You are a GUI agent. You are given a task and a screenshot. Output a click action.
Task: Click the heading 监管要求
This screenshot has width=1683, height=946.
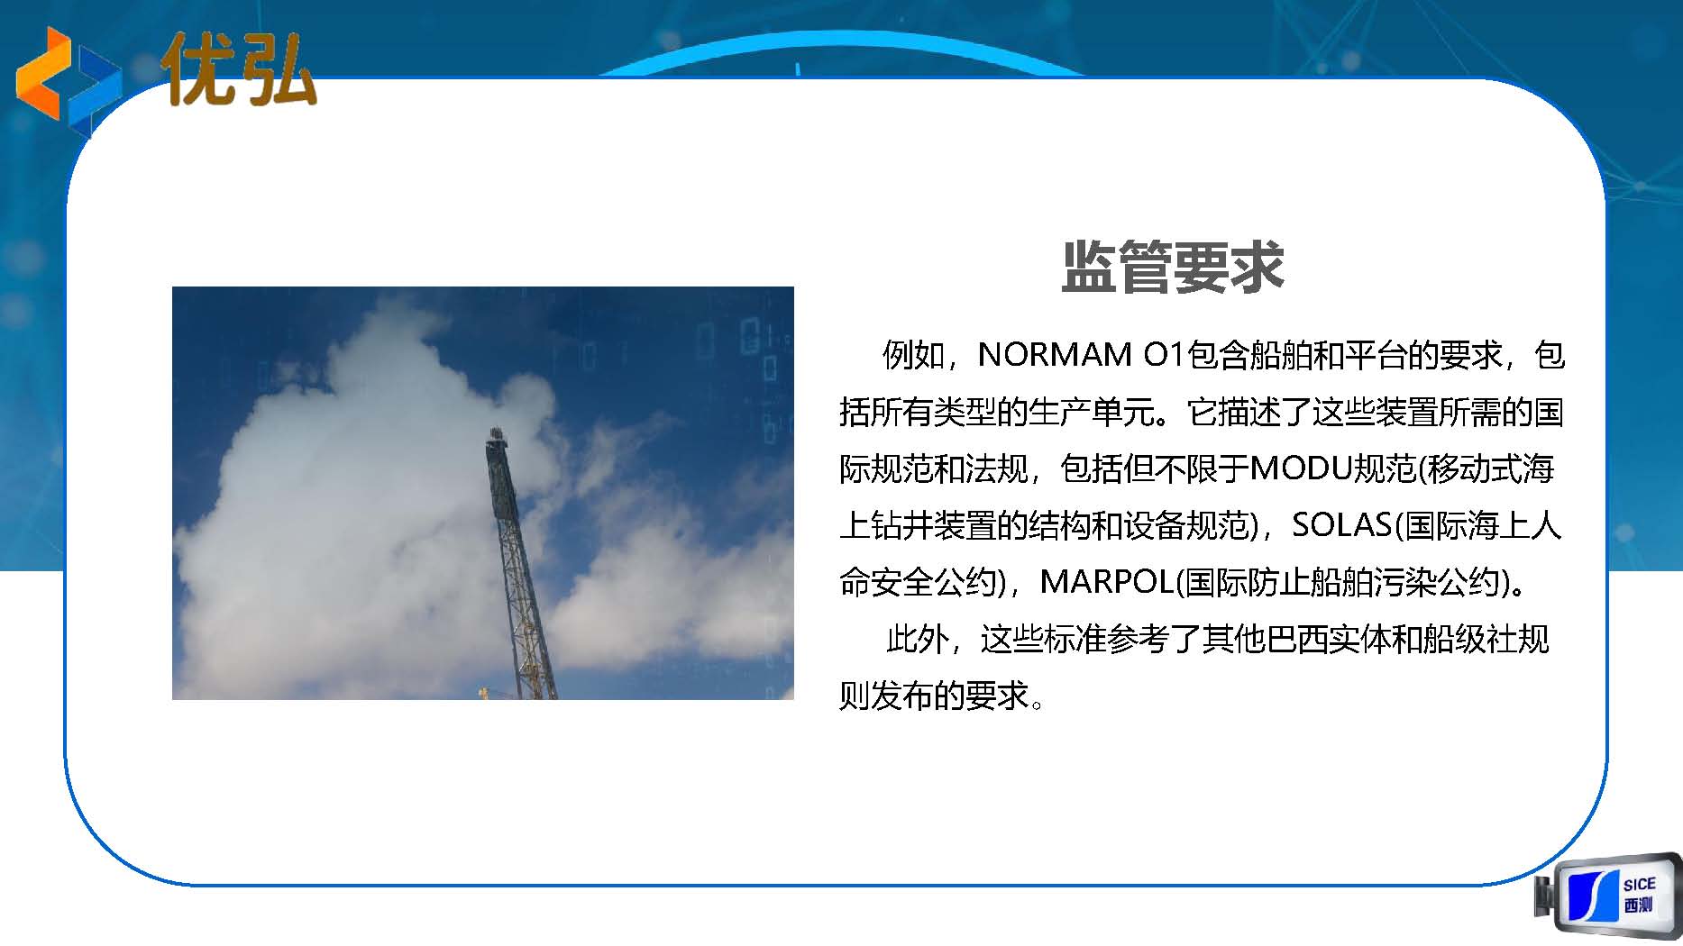point(1173,267)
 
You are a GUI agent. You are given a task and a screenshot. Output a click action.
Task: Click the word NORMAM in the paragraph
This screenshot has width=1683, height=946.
point(1055,355)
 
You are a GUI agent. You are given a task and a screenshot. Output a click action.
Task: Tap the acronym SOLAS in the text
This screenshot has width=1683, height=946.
point(1342,525)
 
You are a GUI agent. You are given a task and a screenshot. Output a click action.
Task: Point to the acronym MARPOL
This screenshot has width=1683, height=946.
point(1108,582)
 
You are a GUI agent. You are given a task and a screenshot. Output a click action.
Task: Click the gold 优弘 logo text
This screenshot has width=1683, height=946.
point(240,69)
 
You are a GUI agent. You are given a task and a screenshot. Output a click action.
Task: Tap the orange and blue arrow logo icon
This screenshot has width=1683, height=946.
point(69,77)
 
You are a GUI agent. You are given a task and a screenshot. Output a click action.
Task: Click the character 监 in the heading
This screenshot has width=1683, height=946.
point(1089,267)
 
